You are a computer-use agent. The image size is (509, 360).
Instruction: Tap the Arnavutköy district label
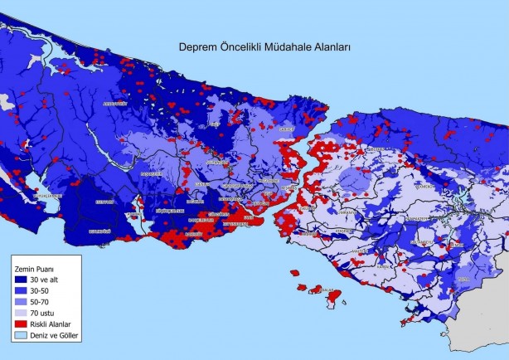114,104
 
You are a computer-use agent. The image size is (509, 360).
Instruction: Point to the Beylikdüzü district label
99,231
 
